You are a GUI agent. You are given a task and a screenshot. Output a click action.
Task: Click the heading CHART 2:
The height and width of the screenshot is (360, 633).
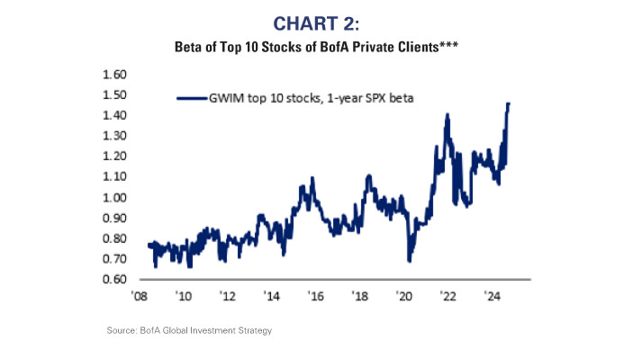(x=316, y=22)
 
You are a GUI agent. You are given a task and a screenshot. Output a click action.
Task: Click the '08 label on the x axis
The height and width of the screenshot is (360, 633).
(x=140, y=295)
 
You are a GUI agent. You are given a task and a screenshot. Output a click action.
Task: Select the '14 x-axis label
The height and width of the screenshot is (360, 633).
(x=271, y=295)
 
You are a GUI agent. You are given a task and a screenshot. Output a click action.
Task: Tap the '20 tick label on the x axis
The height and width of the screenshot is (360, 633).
(x=403, y=295)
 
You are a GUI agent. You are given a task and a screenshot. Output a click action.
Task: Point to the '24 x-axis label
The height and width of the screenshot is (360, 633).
(x=492, y=295)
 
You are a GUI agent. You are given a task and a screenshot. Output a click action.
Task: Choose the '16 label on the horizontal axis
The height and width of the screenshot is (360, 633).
(x=315, y=295)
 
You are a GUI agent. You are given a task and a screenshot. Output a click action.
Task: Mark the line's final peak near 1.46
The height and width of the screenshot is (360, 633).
(x=509, y=103)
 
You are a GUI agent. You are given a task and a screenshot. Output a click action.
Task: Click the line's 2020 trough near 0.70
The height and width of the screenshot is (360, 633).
(x=410, y=260)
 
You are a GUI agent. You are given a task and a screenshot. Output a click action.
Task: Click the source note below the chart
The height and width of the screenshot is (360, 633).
(x=189, y=331)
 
